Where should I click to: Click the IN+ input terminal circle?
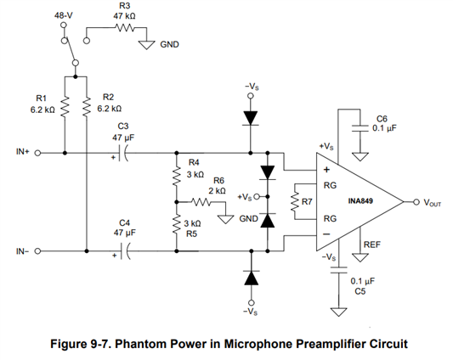[x=37, y=153]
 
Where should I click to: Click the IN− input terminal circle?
[x=37, y=251]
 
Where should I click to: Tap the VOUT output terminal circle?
[x=416, y=202]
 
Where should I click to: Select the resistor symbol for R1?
[x=65, y=107]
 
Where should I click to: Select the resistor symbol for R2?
[x=87, y=107]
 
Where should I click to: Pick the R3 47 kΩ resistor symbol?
[x=125, y=28]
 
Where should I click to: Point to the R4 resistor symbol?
[x=177, y=176]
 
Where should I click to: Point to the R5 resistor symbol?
[x=177, y=225]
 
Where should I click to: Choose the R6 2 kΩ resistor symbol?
[x=201, y=202]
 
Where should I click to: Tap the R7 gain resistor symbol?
[x=295, y=202]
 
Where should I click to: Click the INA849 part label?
[x=360, y=201]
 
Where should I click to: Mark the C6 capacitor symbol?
[x=360, y=128]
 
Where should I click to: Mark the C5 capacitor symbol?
[x=338, y=271]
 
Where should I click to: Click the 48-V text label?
[x=64, y=15]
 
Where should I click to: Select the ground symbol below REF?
[x=360, y=257]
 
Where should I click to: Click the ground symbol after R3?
[x=146, y=45]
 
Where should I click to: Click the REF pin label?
[x=372, y=245]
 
